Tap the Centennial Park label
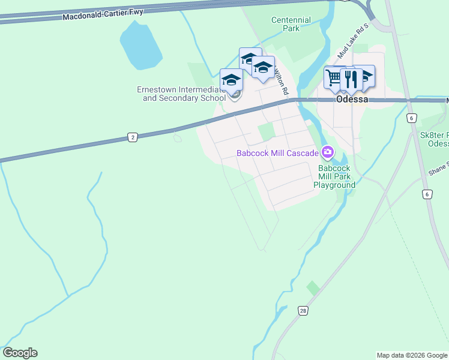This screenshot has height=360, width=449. pos(291,24)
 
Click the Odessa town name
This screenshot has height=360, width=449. pos(352,100)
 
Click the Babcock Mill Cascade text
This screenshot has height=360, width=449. pos(277,153)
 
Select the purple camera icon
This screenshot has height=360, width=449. pos(328,152)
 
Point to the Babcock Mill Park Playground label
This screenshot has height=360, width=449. pos(334,177)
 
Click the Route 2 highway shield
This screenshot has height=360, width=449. pos(132,137)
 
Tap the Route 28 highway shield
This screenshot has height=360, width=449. pos(303,310)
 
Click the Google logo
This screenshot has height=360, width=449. pos(20,353)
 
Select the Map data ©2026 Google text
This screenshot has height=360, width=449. pos(412,355)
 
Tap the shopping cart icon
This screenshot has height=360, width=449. pos(334,76)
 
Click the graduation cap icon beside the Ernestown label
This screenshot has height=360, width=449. pos(231,80)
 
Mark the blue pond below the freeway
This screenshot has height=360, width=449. pos(140,46)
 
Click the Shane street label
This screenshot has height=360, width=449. pos(438,170)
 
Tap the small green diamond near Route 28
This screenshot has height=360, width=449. pos(313,288)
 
